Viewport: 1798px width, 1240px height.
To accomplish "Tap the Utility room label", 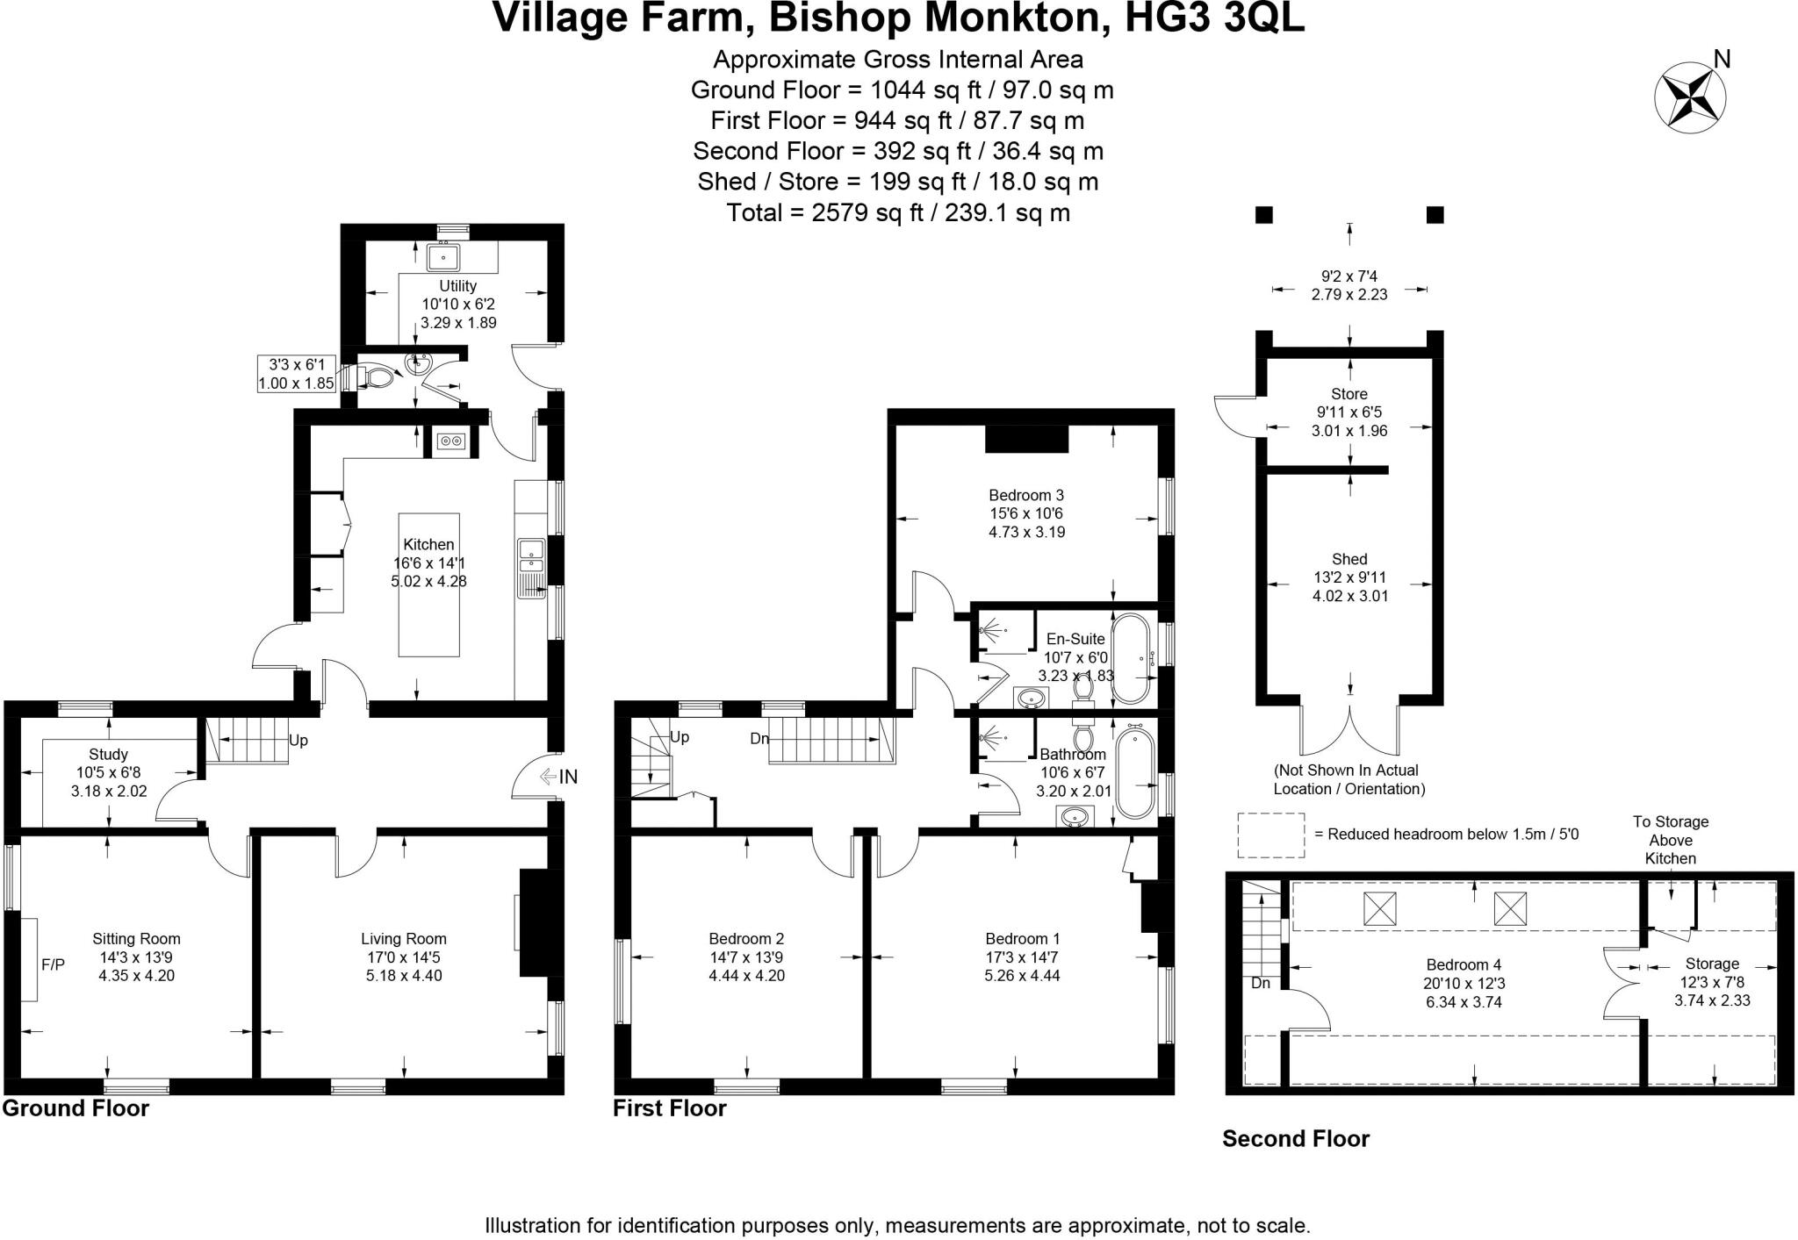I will [457, 286].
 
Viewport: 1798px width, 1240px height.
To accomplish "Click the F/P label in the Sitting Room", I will [53, 965].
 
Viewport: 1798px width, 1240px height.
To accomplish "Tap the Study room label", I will [108, 755].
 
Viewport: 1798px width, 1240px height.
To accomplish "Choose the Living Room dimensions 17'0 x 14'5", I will [404, 957].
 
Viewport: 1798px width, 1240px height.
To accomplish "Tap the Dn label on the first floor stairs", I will [759, 739].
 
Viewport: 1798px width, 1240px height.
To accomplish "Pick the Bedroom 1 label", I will [1022, 939].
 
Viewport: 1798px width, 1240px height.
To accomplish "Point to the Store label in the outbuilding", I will [1348, 394].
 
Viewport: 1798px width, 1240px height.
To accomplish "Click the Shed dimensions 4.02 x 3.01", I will [1348, 596].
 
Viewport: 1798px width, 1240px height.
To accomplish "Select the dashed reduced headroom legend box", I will [1270, 835].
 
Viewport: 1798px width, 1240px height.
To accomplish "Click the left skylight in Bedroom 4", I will [1379, 908].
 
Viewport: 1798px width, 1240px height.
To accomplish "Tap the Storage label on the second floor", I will [1711, 964].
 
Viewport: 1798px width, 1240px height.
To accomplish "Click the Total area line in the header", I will [897, 212].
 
